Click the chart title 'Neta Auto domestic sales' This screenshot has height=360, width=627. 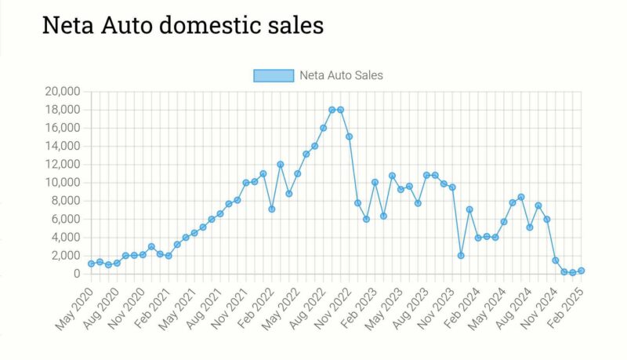[x=182, y=25]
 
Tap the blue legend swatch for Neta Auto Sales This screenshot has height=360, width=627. [x=273, y=75]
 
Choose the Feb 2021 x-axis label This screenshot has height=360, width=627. [x=150, y=307]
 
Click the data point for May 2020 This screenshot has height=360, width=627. [x=91, y=264]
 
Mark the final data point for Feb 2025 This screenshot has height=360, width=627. [x=582, y=271]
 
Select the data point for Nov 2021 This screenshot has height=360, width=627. [x=246, y=183]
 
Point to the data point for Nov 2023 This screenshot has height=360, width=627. [x=452, y=187]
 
